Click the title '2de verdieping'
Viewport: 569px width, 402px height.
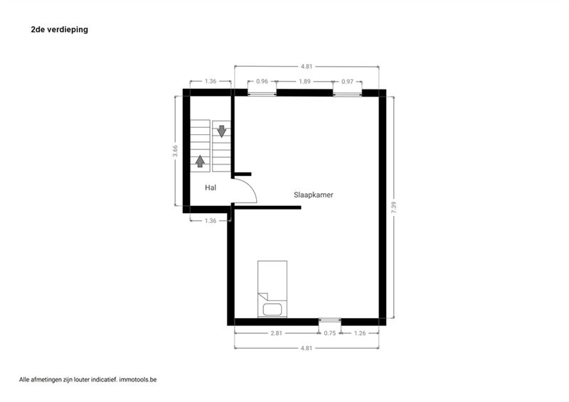(60, 30)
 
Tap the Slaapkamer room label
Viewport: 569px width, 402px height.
(314, 195)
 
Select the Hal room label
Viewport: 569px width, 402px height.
(211, 188)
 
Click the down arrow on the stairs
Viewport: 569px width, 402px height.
(221, 131)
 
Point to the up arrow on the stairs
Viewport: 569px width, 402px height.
(200, 161)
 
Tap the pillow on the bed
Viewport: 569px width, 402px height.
(272, 310)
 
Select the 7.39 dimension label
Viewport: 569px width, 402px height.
(394, 207)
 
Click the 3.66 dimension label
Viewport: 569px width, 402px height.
(175, 151)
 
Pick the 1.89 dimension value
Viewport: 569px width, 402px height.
(305, 82)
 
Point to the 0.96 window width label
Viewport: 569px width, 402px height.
(262, 82)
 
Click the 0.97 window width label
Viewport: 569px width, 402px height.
(347, 82)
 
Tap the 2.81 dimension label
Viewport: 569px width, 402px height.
(276, 333)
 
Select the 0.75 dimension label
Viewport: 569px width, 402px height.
(330, 333)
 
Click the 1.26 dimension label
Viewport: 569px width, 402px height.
(360, 333)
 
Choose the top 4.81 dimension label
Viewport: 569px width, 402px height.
(307, 67)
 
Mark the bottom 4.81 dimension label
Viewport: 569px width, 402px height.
(307, 348)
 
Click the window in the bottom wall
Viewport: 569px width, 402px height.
(330, 320)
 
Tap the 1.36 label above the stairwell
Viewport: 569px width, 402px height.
(211, 81)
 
